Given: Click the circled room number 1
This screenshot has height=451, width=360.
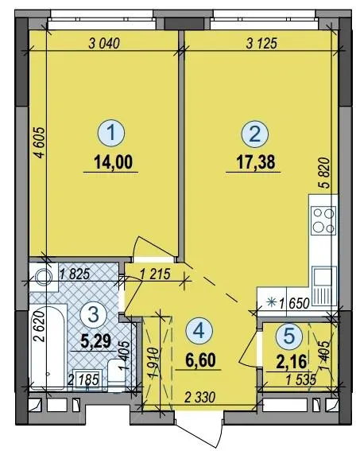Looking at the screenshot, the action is pos(111,134).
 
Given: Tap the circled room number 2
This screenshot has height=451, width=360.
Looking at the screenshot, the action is pos(255,134).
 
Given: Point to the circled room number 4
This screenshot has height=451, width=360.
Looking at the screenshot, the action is pos(199,331).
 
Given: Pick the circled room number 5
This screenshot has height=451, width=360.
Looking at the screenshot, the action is pos(289,335).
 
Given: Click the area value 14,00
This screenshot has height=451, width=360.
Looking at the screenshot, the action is pos(113,162).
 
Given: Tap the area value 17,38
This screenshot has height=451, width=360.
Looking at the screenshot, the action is pos(255,162).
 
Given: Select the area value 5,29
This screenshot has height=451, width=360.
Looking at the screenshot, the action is pos(95,342).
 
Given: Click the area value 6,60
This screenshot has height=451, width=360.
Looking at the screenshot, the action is pos(200,361).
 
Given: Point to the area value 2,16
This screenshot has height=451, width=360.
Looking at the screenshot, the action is pos(292,362).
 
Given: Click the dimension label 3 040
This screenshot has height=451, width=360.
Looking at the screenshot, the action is pos(104,44).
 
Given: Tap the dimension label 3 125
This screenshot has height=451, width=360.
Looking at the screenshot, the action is pos(261,44).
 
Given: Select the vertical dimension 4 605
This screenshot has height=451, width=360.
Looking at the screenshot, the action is pos(40,142).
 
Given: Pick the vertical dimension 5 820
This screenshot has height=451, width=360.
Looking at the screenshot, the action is pos(325,173).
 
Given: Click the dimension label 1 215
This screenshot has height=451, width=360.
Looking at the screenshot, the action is pos(155,274).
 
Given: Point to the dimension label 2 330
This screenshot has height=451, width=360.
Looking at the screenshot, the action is pos(199,398).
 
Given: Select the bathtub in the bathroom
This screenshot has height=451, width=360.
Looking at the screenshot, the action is pos(48,348).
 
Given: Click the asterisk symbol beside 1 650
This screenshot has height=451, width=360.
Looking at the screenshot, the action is pos(270,302).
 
